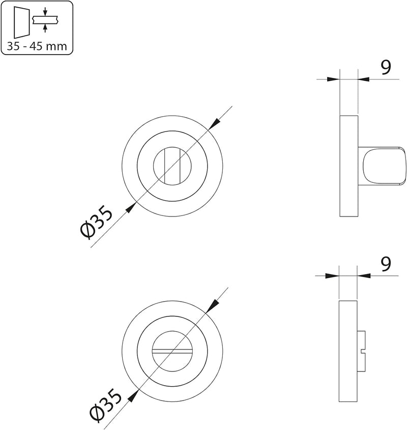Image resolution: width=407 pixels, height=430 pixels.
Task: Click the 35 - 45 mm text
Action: (x=37, y=46)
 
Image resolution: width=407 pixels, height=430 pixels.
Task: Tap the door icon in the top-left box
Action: (x=21, y=23)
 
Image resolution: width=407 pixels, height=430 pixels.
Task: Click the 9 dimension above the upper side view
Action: (x=386, y=67)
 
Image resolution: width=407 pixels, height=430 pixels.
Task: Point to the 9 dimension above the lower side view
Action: (x=386, y=264)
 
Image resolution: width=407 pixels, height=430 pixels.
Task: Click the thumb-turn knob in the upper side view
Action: (x=381, y=166)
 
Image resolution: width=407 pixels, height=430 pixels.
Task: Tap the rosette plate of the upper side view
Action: (x=348, y=166)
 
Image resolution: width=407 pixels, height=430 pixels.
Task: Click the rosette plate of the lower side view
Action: (x=348, y=351)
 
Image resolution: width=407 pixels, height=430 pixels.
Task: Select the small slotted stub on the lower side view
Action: (x=361, y=351)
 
